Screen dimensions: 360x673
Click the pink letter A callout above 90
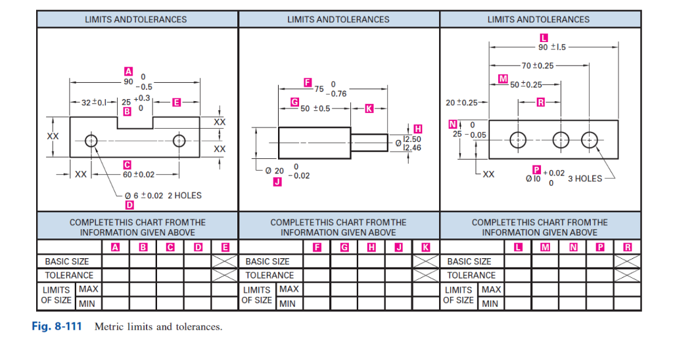point(128,71)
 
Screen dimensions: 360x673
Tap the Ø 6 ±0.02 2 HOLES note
point(163,195)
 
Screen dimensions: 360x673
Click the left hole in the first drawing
point(91,141)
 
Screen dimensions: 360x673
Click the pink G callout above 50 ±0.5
point(295,103)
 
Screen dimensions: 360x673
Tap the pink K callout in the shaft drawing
point(369,108)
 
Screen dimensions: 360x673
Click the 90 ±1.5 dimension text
point(552,47)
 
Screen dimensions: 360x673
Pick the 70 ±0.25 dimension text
point(537,66)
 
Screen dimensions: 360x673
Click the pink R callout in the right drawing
point(540,102)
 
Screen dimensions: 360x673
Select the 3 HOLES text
point(585,179)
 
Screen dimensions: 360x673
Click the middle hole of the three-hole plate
point(561,139)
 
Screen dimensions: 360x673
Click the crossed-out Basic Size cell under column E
point(225,261)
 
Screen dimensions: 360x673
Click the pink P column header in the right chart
point(599,247)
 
